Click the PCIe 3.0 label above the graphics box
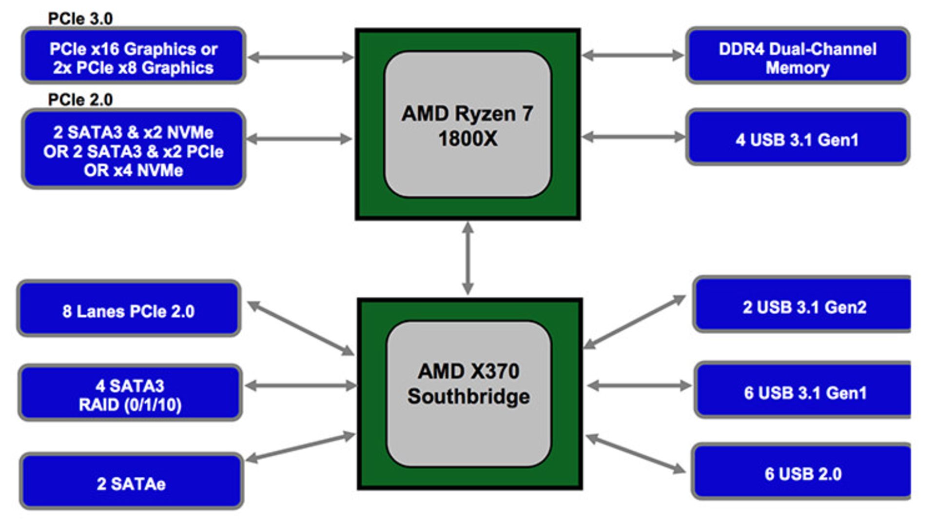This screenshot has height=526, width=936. click(x=80, y=19)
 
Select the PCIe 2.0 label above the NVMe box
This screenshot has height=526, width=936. click(x=80, y=100)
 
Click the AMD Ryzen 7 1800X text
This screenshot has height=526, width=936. click(x=468, y=126)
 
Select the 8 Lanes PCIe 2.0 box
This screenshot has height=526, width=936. click(x=129, y=309)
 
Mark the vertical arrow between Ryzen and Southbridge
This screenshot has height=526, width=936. click(x=468, y=259)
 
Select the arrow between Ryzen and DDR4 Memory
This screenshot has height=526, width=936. click(x=633, y=55)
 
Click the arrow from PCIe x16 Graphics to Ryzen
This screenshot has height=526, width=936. click(x=300, y=57)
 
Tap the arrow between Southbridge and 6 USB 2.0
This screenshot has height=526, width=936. click(x=635, y=454)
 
